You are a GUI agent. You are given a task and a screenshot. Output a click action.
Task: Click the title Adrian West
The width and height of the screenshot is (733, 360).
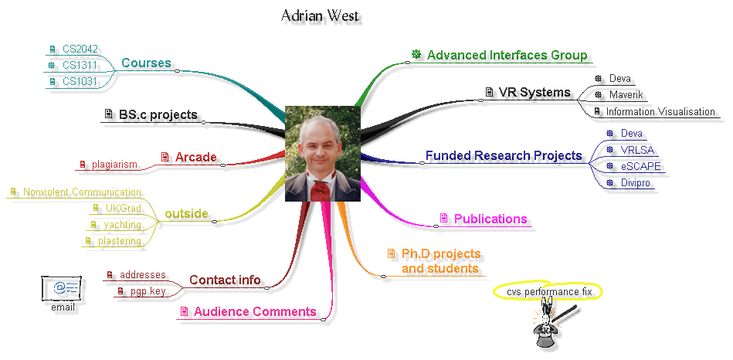click(x=320, y=15)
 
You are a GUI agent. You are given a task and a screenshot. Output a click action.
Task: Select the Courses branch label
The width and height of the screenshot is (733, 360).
click(x=146, y=63)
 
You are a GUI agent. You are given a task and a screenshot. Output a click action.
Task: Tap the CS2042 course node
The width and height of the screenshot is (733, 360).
click(x=80, y=49)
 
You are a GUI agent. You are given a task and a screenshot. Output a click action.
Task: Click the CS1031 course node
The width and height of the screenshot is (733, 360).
click(x=80, y=81)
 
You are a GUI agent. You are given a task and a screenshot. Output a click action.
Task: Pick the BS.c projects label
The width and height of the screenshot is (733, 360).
click(x=158, y=115)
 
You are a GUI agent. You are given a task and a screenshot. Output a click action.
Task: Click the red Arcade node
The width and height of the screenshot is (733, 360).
click(x=195, y=158)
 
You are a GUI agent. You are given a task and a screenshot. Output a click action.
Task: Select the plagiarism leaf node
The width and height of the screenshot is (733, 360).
click(x=114, y=164)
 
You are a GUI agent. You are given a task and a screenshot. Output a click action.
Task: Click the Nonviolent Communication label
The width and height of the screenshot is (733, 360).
click(x=82, y=192)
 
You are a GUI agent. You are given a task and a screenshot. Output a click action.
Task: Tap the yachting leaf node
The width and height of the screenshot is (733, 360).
click(x=124, y=225)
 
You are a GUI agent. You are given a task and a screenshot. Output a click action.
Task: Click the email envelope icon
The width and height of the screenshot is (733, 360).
click(x=63, y=288)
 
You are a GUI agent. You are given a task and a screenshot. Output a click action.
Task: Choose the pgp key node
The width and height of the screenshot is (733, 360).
click(x=148, y=291)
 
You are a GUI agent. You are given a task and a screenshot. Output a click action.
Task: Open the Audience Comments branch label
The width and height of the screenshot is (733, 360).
click(x=254, y=312)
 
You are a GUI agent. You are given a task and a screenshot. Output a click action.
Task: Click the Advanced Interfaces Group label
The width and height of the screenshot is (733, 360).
click(x=507, y=56)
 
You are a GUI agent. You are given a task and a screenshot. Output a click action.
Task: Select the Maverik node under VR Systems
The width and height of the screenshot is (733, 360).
click(x=626, y=95)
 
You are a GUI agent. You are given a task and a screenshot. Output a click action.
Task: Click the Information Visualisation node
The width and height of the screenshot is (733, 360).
click(x=660, y=112)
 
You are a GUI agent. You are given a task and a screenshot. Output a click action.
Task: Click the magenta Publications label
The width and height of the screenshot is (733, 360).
click(x=490, y=219)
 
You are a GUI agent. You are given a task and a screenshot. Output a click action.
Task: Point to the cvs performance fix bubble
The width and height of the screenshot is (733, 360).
click(x=548, y=292)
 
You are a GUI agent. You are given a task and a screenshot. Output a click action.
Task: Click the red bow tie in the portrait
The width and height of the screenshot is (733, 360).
click(x=319, y=186)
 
